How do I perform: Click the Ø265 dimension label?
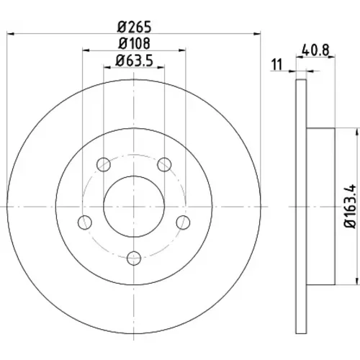click(x=135, y=27)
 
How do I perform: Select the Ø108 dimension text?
click(x=135, y=43)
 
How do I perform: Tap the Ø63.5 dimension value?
click(x=134, y=60)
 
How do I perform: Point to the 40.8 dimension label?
click(x=315, y=50)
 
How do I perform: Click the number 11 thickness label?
click(x=277, y=65)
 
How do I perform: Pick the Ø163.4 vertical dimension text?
click(x=350, y=207)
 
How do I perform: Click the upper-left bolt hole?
click(x=104, y=165)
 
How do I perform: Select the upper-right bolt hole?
click(x=164, y=165)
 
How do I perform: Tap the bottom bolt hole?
click(x=134, y=258)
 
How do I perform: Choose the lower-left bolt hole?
click(x=85, y=222)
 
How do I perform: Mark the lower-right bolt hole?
click(x=183, y=222)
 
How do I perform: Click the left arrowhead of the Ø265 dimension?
click(x=11, y=34)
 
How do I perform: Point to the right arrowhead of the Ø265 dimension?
click(x=257, y=34)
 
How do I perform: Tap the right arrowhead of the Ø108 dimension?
click(x=182, y=50)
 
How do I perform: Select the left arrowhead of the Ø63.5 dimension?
click(x=107, y=68)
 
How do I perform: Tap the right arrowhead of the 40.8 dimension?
click(x=331, y=57)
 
